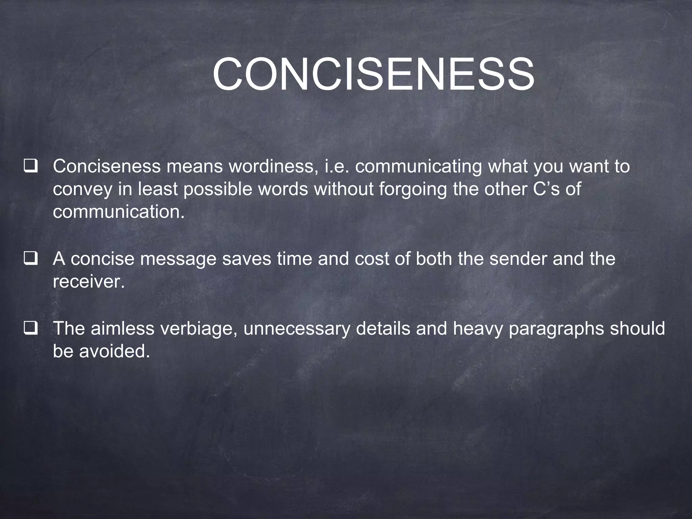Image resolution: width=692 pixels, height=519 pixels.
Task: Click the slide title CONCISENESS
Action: (x=373, y=74)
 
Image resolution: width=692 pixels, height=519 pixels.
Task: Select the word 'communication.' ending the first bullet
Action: (x=119, y=212)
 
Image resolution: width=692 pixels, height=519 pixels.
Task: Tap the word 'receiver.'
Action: (x=89, y=281)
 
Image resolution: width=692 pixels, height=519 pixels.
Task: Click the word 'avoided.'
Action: (x=114, y=351)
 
